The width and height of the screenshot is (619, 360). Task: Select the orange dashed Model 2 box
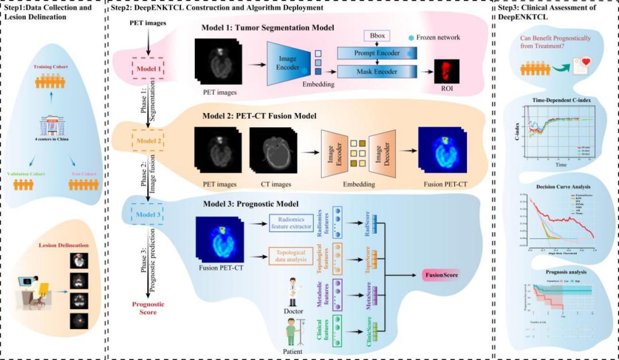pos(148,139)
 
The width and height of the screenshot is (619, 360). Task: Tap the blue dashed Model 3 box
pos(148,215)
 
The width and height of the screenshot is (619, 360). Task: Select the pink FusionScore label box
pos(441,276)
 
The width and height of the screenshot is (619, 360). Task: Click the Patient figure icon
pos(292,332)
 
